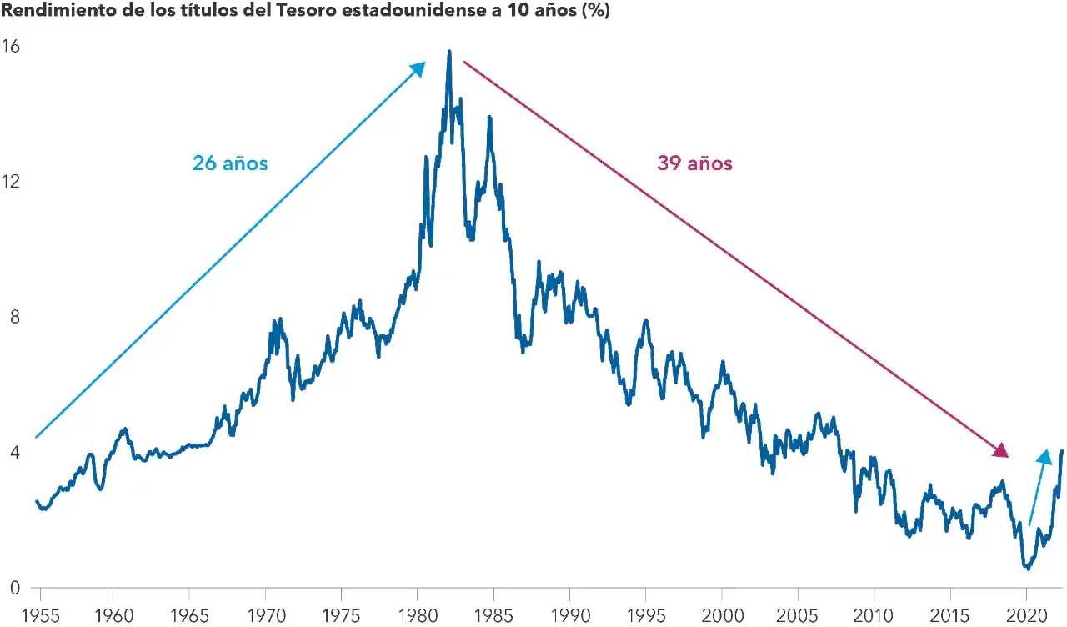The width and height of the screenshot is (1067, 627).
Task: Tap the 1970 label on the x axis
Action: (265, 615)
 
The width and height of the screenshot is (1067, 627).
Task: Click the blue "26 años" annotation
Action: (230, 163)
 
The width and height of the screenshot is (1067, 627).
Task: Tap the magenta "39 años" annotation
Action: (694, 163)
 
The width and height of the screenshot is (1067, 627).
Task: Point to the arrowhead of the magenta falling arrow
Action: (1001, 450)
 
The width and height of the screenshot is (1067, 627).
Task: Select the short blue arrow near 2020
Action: (1039, 487)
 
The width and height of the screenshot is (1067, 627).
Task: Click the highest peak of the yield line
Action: (449, 52)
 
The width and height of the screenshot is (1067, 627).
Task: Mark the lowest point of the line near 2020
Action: (1029, 569)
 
